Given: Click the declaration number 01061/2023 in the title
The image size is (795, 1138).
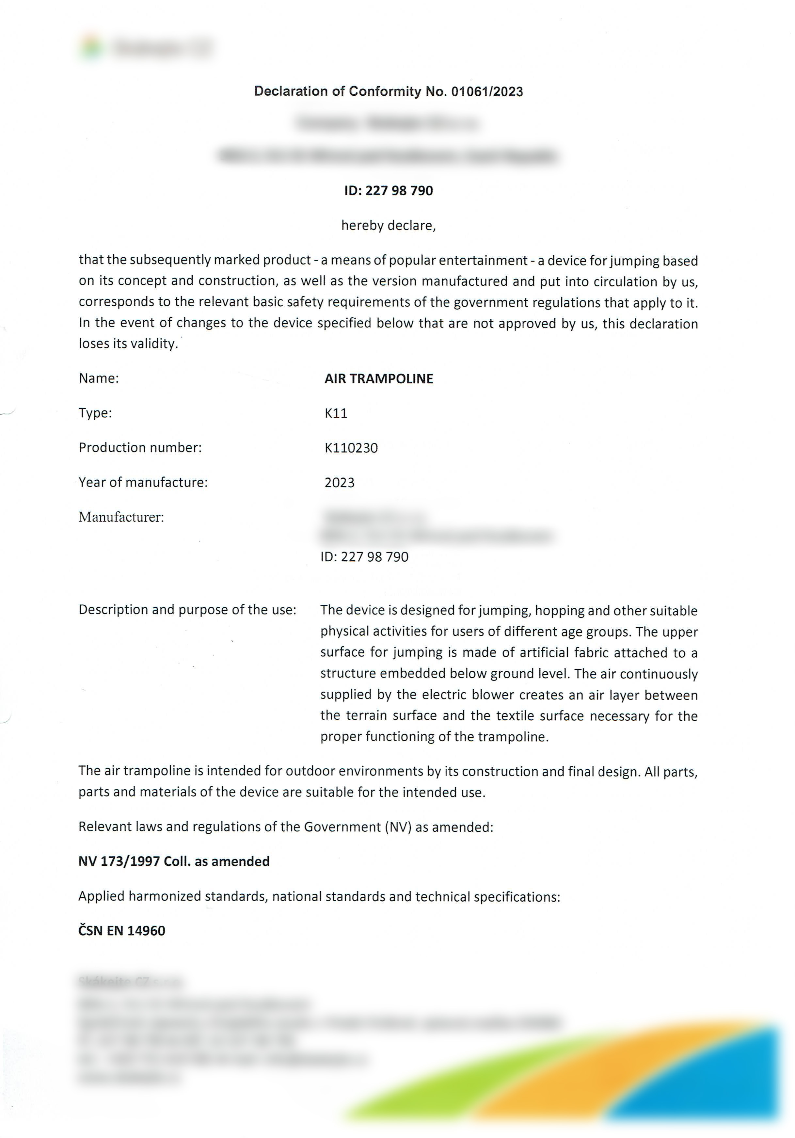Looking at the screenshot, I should point(487,92).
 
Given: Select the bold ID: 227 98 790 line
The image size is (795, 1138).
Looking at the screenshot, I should point(388,191).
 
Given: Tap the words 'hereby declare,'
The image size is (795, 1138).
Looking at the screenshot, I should point(388,226).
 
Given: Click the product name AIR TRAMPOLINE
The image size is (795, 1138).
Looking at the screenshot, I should point(379,379).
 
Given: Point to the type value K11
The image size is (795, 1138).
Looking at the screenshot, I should point(336,413).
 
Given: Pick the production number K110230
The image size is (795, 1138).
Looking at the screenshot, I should point(351,448).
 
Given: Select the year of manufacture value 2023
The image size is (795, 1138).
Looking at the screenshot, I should point(340,483).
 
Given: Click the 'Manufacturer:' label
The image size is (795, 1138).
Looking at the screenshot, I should point(121,518).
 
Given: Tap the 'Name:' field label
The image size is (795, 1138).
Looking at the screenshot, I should point(99,379).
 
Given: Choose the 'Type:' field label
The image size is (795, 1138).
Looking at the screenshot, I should point(95,413).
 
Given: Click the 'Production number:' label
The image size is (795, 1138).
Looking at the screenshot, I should point(140,448).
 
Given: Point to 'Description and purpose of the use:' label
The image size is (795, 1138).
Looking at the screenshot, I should point(187,610).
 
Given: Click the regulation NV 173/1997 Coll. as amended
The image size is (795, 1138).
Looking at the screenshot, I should point(173,861).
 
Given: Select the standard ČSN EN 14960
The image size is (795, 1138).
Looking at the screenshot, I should point(121,931).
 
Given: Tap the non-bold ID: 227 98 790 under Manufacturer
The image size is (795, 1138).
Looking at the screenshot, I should point(364,557).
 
